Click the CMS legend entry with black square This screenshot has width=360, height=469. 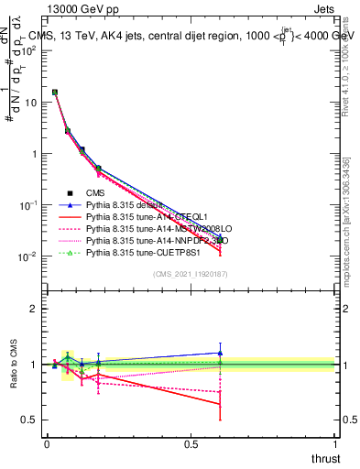pyautogui.click(x=94, y=192)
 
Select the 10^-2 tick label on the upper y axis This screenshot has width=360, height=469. pyautogui.click(x=27, y=256)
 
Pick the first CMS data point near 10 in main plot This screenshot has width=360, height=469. pyautogui.click(x=55, y=92)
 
